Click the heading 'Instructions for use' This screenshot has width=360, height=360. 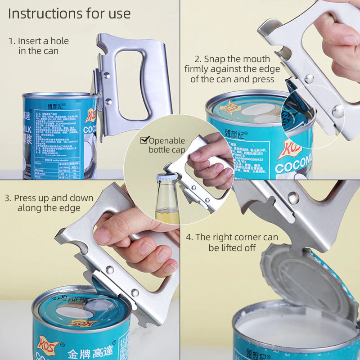point(69,13)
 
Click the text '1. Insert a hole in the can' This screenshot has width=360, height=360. point(39,46)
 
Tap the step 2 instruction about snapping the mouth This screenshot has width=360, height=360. point(232,69)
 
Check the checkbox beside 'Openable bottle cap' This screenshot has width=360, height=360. point(144,140)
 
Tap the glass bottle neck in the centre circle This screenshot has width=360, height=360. point(167,198)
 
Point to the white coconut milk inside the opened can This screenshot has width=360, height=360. point(292,331)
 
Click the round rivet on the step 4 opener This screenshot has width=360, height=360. point(293,197)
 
